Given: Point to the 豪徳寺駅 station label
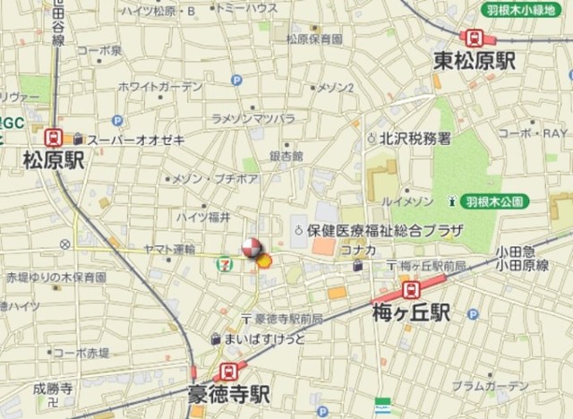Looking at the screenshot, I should (x=228, y=394).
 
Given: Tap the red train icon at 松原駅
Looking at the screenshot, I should (x=54, y=138).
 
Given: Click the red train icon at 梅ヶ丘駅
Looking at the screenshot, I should (x=411, y=289).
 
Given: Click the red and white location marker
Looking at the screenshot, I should (x=252, y=248).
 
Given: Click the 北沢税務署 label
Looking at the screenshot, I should (x=415, y=138).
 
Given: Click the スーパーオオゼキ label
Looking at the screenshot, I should (x=136, y=139).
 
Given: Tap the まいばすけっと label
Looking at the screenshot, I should (x=264, y=339).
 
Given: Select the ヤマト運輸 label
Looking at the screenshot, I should (x=170, y=248).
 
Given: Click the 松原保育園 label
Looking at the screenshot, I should (x=313, y=39).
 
